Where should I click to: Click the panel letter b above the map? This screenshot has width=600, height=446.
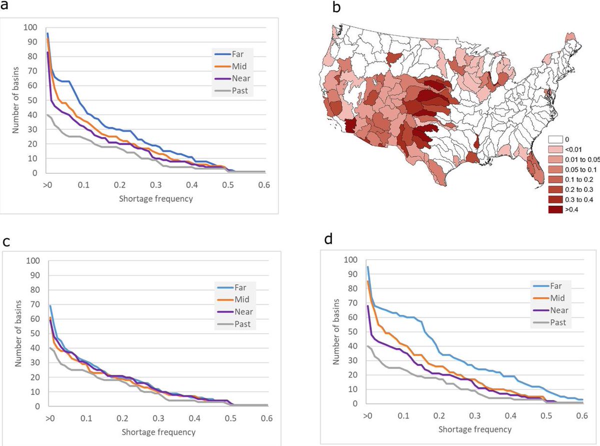click(336, 8)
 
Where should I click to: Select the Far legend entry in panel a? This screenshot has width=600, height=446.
click(229, 54)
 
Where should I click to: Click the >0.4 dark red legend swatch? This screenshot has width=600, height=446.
click(555, 210)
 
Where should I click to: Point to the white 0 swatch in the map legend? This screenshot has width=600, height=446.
click(555, 140)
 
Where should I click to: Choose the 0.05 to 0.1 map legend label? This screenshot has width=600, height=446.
click(581, 170)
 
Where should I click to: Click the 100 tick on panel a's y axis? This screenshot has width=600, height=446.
click(30, 28)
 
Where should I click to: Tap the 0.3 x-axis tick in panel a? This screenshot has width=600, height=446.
click(156, 185)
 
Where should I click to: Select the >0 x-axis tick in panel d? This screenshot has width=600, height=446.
click(367, 415)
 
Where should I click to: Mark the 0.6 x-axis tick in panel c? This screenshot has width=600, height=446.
click(266, 418)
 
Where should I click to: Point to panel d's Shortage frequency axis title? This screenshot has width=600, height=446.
click(475, 429)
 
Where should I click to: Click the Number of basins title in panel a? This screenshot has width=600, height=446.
click(15, 100)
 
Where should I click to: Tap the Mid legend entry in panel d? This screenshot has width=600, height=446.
click(549, 298)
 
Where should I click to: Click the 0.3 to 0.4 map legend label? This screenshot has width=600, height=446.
click(579, 200)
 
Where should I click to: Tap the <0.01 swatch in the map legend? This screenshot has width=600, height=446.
click(555, 150)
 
